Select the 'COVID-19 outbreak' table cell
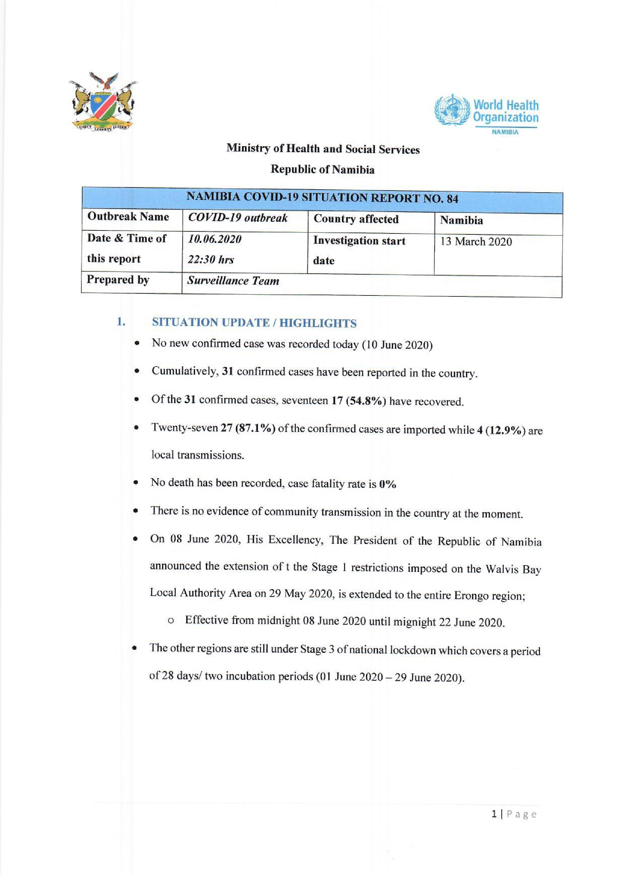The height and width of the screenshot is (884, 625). [x=237, y=218]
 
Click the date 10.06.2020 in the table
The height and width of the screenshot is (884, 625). [x=214, y=240]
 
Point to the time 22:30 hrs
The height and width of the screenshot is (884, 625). [x=210, y=260]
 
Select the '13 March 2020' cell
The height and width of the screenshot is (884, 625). [x=476, y=242]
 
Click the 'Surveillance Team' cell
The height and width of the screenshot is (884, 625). [x=233, y=281]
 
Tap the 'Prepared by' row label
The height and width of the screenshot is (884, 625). [x=118, y=279]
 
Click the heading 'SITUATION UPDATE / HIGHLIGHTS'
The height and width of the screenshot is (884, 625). [x=254, y=323]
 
